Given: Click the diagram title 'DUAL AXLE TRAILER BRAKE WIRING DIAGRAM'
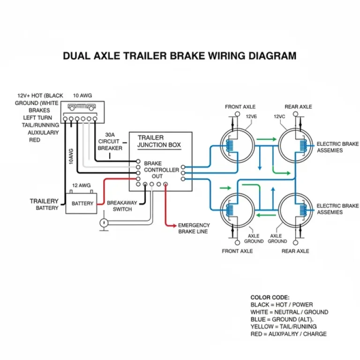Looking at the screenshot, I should point(180,56).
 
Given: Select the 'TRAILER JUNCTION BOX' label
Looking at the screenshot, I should point(159,141).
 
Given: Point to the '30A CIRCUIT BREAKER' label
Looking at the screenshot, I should point(110,141).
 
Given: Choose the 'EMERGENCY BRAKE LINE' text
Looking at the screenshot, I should point(193,228).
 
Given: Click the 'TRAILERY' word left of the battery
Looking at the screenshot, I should point(44,201).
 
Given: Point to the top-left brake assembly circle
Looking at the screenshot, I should point(237,143).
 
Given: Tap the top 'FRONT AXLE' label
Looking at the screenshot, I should point(240,107).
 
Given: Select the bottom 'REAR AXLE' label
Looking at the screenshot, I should point(295,251).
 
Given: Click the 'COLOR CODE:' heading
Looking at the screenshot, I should point(270,297).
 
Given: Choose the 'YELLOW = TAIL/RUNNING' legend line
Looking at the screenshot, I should point(284,326).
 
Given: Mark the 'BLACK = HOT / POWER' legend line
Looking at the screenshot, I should point(282,305).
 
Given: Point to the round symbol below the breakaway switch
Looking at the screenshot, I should point(104,223).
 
